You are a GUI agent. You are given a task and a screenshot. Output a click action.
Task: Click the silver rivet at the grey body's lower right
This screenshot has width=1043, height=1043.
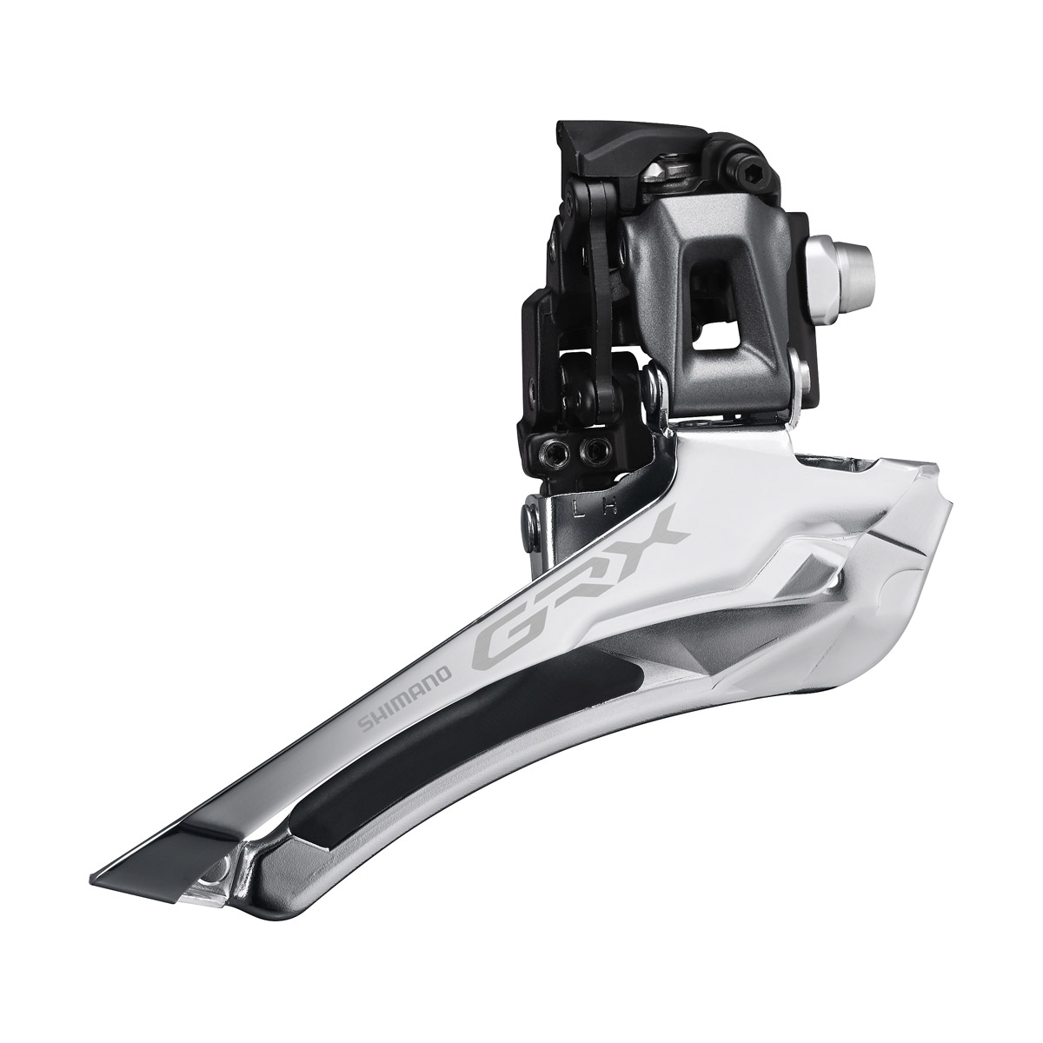coord(801,375)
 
